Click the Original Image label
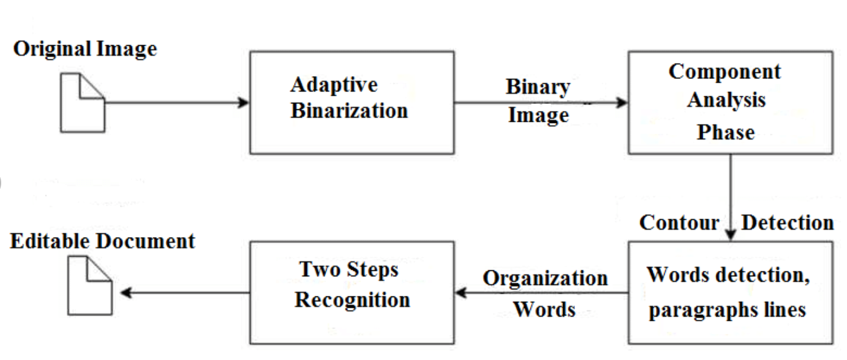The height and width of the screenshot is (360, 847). (x=85, y=49)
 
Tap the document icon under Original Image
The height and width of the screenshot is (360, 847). (x=83, y=103)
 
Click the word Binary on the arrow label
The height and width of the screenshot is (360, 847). (x=538, y=87)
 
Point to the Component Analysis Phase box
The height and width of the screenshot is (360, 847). (x=730, y=102)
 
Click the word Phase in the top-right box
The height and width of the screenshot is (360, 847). (x=725, y=132)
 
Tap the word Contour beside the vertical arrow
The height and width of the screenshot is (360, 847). (x=679, y=223)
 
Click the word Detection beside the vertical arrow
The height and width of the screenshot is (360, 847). (x=788, y=223)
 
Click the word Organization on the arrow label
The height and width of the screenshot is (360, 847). (x=545, y=279)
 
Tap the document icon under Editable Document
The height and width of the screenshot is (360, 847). (x=89, y=286)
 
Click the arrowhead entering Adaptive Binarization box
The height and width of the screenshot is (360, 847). (x=243, y=103)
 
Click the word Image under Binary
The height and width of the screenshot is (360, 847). (x=538, y=115)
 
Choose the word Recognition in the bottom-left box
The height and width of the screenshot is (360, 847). (x=352, y=300)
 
